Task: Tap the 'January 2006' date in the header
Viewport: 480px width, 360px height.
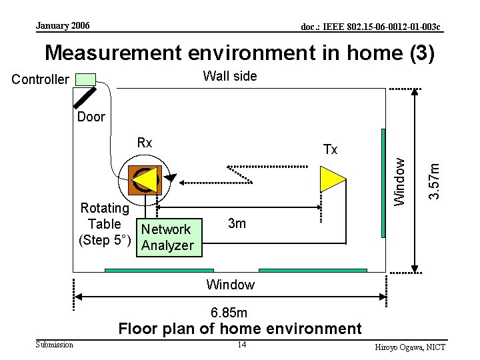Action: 63,26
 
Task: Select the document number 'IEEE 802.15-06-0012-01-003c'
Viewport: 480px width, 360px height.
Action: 371,27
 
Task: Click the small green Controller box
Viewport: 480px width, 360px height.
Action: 85,79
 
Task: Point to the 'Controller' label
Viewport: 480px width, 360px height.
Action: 41,80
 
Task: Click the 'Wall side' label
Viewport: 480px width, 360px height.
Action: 229,77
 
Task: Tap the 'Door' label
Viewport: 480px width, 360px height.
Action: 91,117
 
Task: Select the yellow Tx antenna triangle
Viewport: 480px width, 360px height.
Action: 331,178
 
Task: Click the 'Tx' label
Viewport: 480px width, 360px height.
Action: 330,149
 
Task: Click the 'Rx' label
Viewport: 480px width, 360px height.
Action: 145,143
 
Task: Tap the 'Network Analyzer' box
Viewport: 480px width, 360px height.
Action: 167,237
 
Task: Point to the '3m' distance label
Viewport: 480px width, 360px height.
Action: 237,224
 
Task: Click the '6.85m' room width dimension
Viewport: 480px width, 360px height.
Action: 229,313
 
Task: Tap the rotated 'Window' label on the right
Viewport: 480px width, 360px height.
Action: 399,181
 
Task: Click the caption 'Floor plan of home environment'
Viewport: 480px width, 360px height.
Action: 240,329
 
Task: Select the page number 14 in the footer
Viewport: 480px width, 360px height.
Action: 241,345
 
